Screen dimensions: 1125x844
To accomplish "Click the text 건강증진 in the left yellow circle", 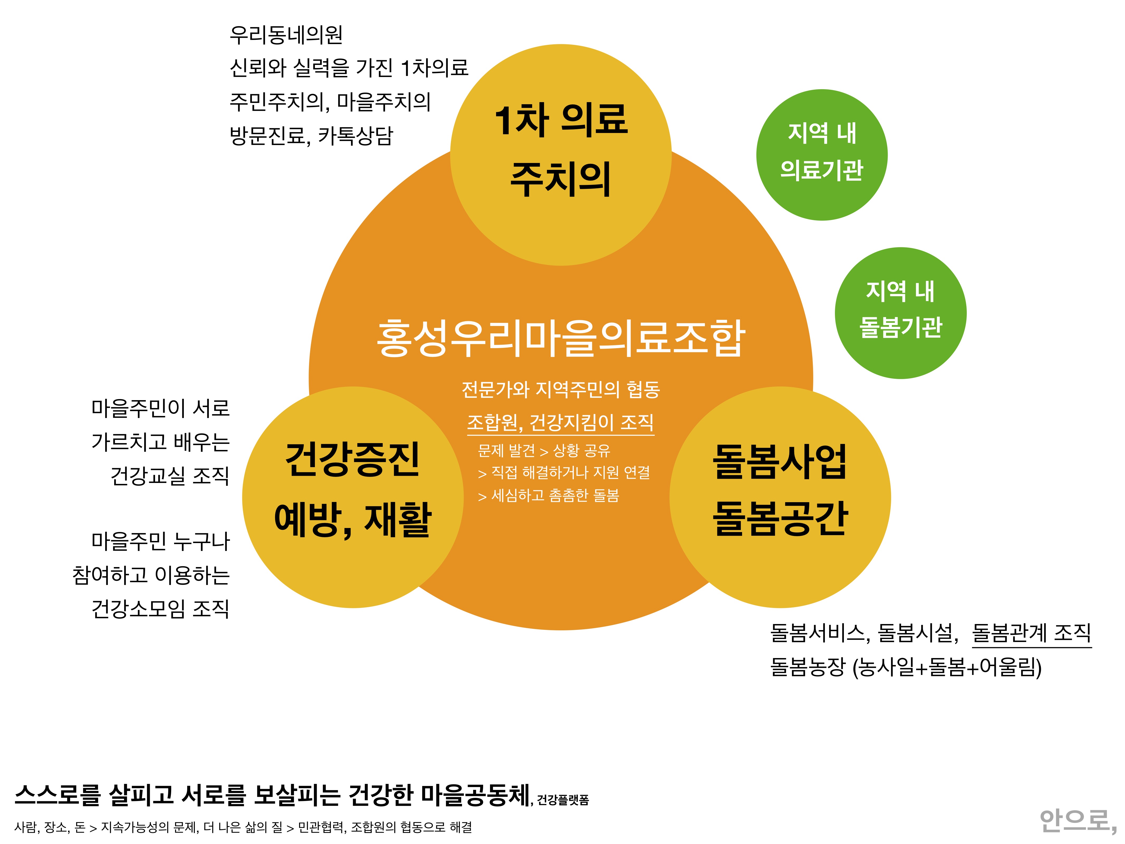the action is point(352,459).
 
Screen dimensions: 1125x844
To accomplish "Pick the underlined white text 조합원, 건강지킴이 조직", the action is point(560,422).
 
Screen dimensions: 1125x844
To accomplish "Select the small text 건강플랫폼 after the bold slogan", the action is point(563,800).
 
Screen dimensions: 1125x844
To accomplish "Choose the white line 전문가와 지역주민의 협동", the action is point(560,390).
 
